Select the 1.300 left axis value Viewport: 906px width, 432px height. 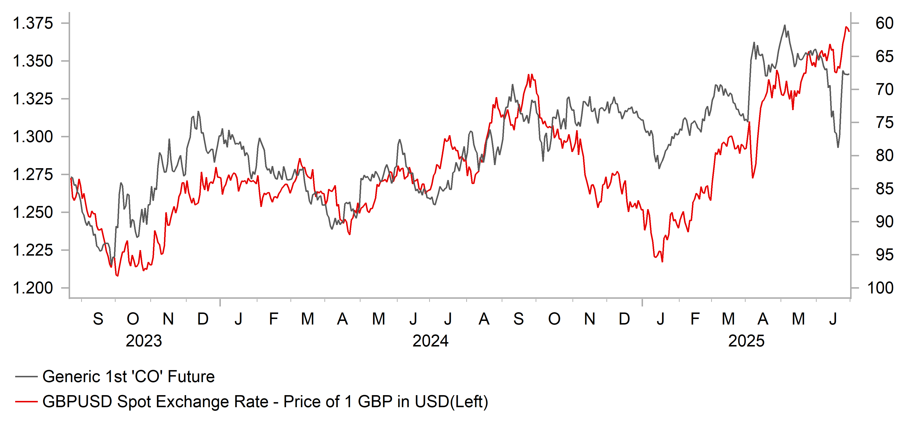click(x=33, y=137)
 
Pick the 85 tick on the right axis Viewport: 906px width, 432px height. click(x=884, y=189)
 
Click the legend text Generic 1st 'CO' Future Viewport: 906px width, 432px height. click(x=128, y=376)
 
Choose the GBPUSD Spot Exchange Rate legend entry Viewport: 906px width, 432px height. click(x=265, y=401)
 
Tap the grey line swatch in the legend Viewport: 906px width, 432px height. click(x=26, y=376)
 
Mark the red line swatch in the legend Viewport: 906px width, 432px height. click(x=26, y=401)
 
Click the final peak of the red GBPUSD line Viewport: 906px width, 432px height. click(x=846, y=27)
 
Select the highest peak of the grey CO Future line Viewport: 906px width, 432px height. click(x=784, y=25)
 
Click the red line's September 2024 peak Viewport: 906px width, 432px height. click(x=529, y=75)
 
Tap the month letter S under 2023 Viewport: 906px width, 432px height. click(x=98, y=319)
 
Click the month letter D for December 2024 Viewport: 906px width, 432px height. click(x=624, y=319)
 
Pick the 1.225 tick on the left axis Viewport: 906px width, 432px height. click(x=33, y=250)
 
